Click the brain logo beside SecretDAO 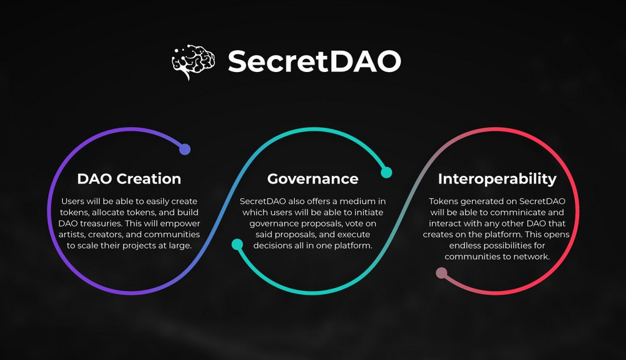[x=193, y=61]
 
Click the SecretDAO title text [x=314, y=61]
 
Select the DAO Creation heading [x=129, y=179]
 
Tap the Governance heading [x=312, y=179]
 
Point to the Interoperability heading [x=497, y=179]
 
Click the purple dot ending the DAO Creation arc [x=185, y=149]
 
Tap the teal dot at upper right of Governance [x=386, y=172]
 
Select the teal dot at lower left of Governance [x=237, y=244]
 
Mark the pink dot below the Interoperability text [x=441, y=273]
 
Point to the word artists [x=72, y=235]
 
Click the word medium [x=355, y=202]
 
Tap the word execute [x=355, y=235]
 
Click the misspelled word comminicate [x=514, y=212]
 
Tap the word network [x=531, y=257]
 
